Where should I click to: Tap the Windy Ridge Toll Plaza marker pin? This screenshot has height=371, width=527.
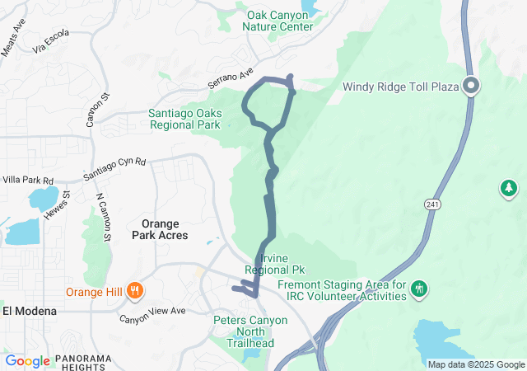click(472, 85)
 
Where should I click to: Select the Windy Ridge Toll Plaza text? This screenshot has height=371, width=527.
click(400, 85)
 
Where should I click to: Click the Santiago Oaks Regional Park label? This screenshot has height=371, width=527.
click(184, 120)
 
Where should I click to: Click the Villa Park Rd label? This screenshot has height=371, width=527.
click(27, 181)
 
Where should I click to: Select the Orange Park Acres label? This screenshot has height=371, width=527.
click(160, 229)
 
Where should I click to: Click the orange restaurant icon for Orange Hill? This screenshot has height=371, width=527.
click(136, 291)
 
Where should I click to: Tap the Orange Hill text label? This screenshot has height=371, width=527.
click(96, 291)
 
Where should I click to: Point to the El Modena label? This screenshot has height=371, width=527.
click(29, 311)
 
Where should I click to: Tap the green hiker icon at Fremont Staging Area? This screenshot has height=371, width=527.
click(420, 288)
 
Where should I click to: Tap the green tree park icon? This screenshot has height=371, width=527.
click(509, 189)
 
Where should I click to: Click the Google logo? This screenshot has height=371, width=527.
click(28, 360)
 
